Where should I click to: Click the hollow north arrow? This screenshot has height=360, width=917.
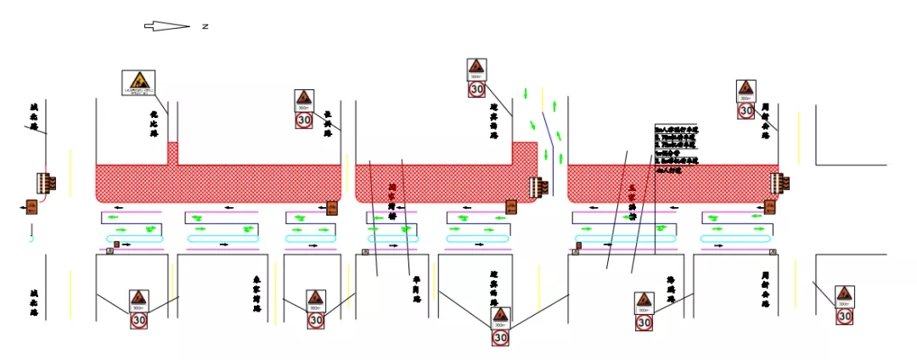pos(166,26)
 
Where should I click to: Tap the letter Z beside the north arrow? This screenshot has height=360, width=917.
pos(205,26)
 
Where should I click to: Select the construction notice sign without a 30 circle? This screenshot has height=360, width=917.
pos(138,83)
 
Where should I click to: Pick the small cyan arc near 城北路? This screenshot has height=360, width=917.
pos(31,239)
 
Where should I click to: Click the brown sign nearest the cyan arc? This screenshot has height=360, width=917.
pos(31,205)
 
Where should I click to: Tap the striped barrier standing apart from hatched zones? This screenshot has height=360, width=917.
pos(46,183)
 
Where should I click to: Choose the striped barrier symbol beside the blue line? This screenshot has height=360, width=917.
pos(536,185)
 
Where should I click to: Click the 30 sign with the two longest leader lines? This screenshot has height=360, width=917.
pos(500,327)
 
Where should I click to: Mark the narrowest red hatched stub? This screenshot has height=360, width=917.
pos(172,153)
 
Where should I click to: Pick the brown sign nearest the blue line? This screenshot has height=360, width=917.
pos(511,206)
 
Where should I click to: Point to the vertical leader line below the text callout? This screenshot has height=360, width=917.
pos(655,212)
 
